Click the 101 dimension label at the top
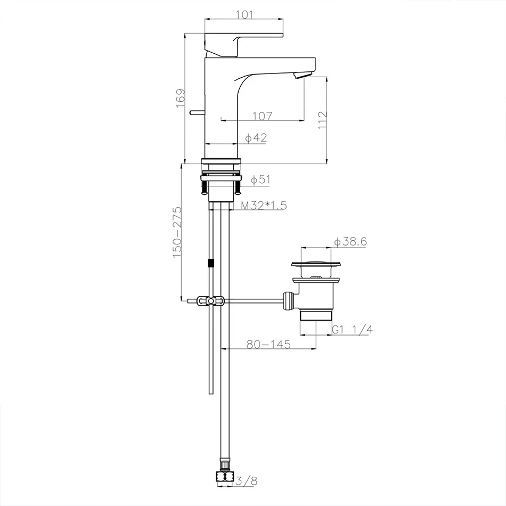point(244,15)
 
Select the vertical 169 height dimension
point(181,99)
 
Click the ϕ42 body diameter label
point(256,138)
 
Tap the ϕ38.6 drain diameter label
point(350,242)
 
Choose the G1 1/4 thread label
point(352,330)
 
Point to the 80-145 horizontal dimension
point(268,345)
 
